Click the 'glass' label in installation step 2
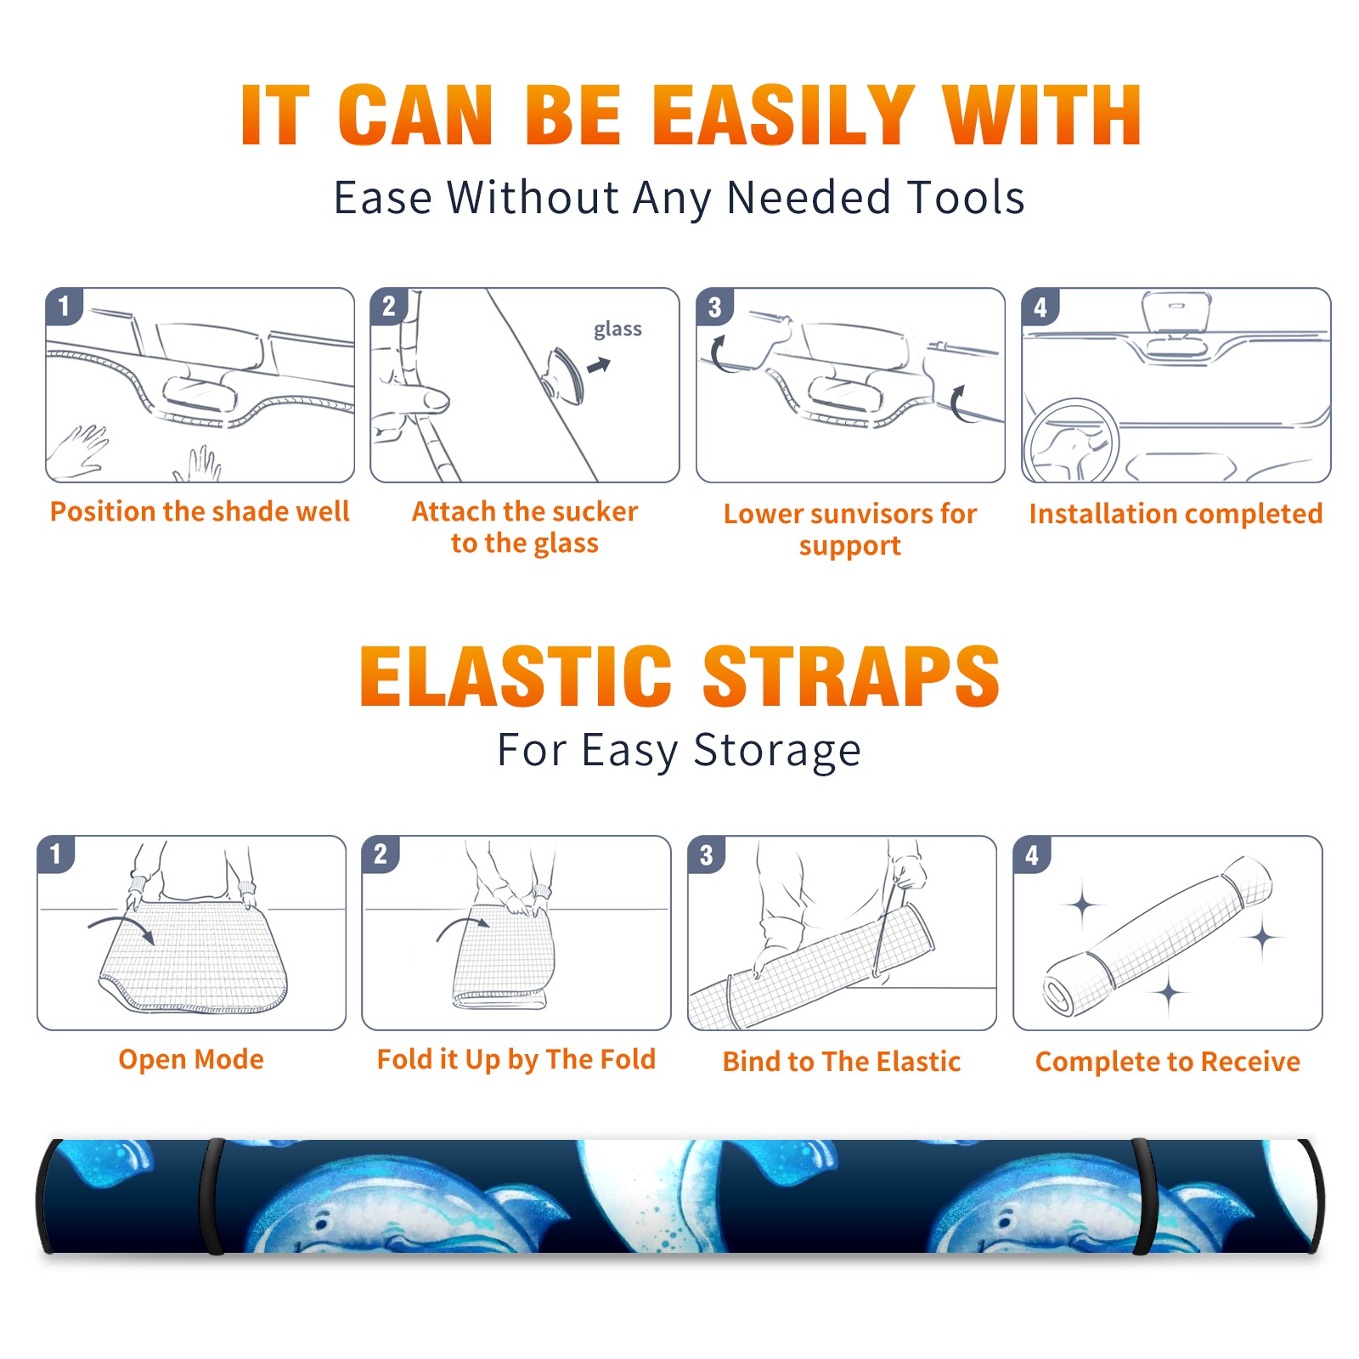click(617, 330)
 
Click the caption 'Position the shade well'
click(200, 511)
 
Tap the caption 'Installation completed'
click(1176, 513)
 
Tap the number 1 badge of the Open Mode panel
click(56, 854)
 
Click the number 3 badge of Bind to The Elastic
click(707, 854)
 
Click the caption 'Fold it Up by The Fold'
click(516, 1059)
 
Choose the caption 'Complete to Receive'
click(1168, 1062)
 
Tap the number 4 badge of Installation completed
click(1040, 307)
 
